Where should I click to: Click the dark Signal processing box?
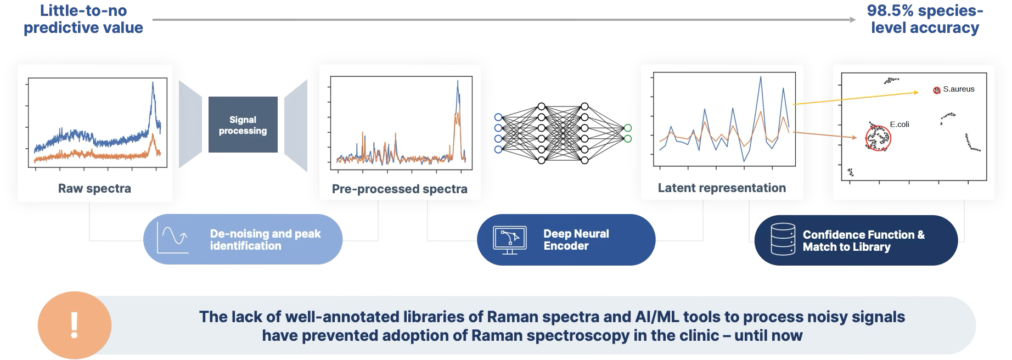243,125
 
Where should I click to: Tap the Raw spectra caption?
94,189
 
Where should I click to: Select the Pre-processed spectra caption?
400,189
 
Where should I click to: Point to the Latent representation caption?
722,188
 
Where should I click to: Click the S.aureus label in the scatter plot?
959,89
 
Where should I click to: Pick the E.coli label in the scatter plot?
899,125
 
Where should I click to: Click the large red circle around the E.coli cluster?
879,137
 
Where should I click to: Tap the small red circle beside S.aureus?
937,89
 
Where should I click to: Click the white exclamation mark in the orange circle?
75,325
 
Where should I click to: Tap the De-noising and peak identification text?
265,240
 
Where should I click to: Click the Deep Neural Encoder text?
576,240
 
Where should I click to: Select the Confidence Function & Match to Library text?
863,240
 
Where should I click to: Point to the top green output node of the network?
628,128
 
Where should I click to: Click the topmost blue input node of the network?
498,117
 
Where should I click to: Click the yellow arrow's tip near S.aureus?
917,93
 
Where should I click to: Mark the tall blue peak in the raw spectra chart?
153,83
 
